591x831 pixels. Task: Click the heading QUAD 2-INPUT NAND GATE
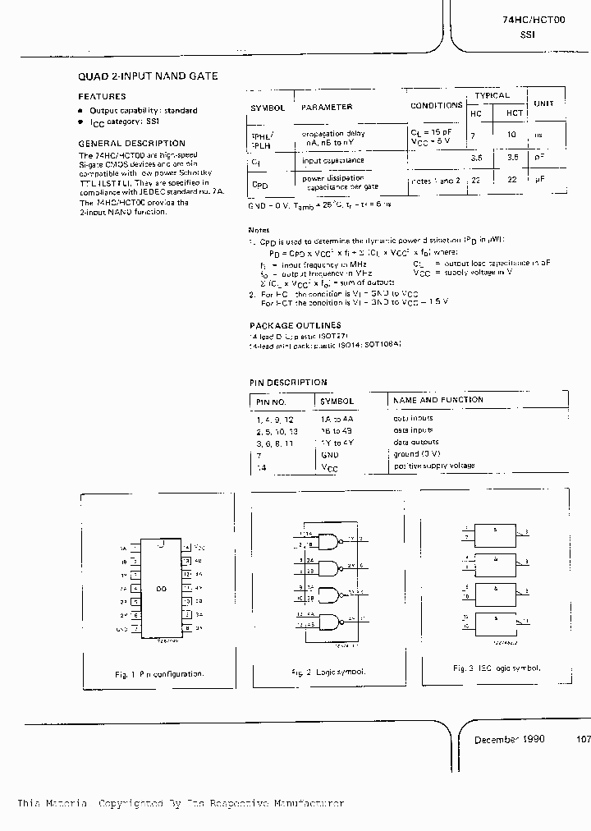[x=148, y=76]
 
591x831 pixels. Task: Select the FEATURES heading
[x=102, y=96]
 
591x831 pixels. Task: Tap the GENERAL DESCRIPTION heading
[x=131, y=143]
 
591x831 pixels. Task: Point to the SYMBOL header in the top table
[x=268, y=108]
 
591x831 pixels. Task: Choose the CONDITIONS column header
[x=436, y=105]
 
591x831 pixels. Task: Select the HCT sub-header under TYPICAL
[x=515, y=112]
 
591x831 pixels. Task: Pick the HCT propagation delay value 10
[x=512, y=133]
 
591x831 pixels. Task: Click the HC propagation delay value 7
[x=474, y=133]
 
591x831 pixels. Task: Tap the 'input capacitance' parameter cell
[x=332, y=160]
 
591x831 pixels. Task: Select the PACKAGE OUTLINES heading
[x=295, y=325]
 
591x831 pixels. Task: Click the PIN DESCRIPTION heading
[x=288, y=382]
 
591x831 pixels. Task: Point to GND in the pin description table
[x=330, y=454]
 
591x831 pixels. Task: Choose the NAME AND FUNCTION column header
[x=438, y=400]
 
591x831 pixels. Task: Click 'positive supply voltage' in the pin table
[x=434, y=466]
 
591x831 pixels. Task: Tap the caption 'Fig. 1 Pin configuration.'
[x=159, y=674]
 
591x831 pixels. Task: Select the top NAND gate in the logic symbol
[x=329, y=540]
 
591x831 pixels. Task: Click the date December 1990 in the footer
[x=508, y=739]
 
